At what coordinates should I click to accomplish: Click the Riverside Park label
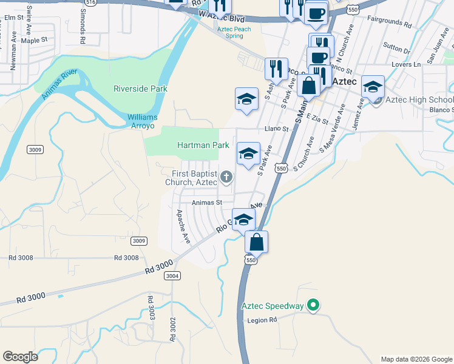tap(140, 89)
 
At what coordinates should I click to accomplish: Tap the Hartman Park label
tap(203, 145)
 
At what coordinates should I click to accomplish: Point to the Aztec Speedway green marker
tap(313, 305)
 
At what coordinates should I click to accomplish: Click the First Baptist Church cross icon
tap(226, 177)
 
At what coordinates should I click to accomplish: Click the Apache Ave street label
tap(183, 226)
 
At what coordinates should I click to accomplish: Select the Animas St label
tap(207, 203)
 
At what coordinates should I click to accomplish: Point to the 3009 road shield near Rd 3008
tap(139, 241)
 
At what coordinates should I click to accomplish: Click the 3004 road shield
tap(172, 275)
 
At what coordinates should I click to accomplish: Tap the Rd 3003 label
tap(151, 308)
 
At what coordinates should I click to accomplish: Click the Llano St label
tap(276, 129)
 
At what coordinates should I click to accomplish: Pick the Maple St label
tap(34, 40)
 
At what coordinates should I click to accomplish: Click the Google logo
tap(21, 356)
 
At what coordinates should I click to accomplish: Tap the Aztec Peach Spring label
tap(234, 33)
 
